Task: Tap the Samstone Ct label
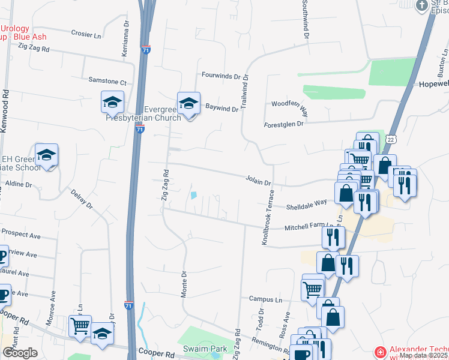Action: tap(107, 82)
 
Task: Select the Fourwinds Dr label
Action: tap(220, 77)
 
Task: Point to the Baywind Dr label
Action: tap(222, 108)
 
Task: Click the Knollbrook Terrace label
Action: tap(268, 217)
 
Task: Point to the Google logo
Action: tap(20, 353)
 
